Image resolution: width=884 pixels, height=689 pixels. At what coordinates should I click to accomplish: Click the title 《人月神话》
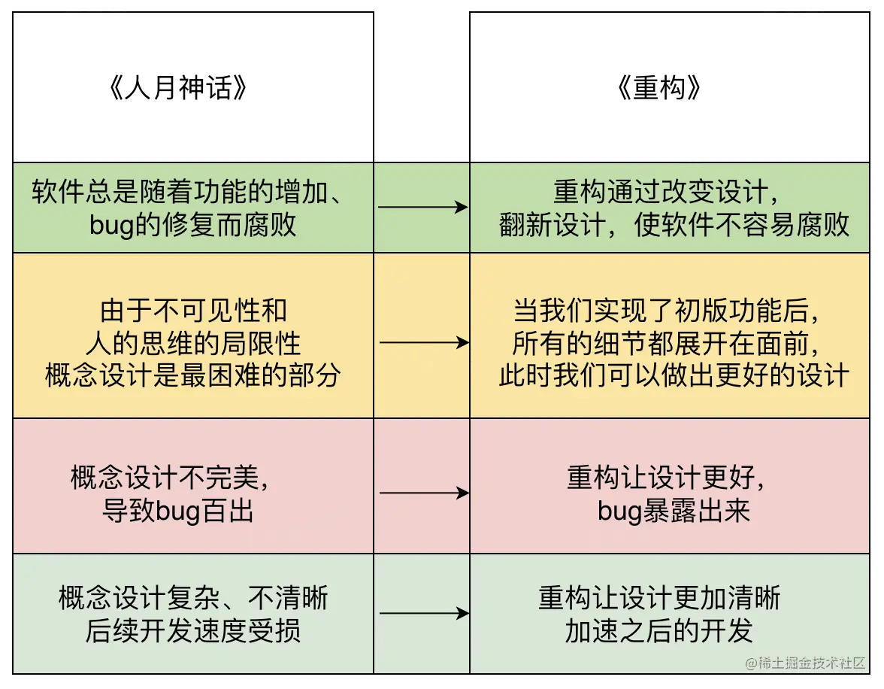click(x=179, y=89)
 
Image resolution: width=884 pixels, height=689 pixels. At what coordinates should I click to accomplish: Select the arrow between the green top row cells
click(x=422, y=208)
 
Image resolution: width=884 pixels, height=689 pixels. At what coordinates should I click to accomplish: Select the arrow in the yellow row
click(x=422, y=343)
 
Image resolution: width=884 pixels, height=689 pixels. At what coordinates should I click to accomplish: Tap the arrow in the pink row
click(x=422, y=493)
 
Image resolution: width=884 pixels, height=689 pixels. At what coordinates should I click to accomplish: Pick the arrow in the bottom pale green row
click(x=422, y=614)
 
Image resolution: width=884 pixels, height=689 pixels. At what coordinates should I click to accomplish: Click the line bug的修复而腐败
click(x=193, y=225)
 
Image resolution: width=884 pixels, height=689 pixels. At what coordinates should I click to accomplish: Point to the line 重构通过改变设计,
click(x=666, y=193)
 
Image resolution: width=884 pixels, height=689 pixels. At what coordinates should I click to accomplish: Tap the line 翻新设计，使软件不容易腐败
click(x=674, y=225)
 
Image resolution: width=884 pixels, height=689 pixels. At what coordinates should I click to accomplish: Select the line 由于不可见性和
click(x=193, y=311)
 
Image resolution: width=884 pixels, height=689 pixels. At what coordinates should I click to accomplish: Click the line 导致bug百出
click(x=177, y=511)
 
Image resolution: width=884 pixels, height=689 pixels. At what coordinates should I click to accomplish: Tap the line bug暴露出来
click(x=674, y=511)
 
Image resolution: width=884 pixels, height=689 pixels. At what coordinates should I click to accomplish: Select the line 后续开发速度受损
click(x=193, y=630)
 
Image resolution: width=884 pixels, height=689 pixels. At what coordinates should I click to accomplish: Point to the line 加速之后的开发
click(x=658, y=631)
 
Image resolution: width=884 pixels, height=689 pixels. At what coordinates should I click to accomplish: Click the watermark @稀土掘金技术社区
click(x=806, y=663)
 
